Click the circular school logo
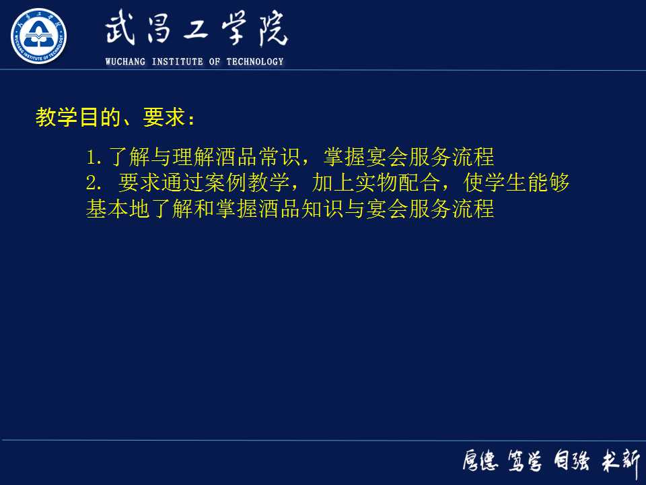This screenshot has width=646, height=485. pyautogui.click(x=39, y=36)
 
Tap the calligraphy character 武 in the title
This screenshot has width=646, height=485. pyautogui.click(x=124, y=30)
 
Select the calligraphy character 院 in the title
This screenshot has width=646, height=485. pyautogui.click(x=270, y=30)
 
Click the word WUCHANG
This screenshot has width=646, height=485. pyautogui.click(x=127, y=62)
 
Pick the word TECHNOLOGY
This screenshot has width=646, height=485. pyautogui.click(x=255, y=62)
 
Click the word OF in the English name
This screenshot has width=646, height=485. pyautogui.click(x=215, y=62)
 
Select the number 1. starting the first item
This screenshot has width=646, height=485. pyautogui.click(x=94, y=158)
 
